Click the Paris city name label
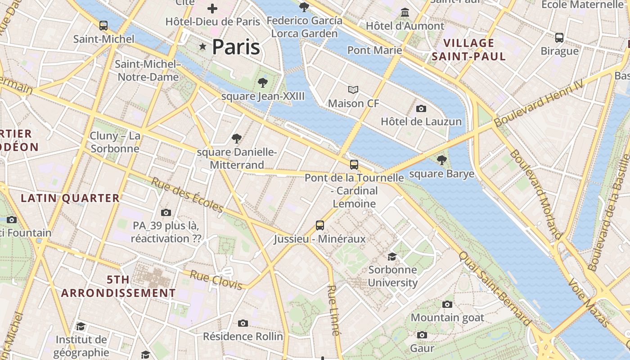[x=236, y=47]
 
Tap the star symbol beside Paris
[x=203, y=46]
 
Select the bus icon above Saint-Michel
[x=103, y=26]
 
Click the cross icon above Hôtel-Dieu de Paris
[x=212, y=8]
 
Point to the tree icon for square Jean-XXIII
[x=263, y=83]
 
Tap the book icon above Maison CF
[x=354, y=90]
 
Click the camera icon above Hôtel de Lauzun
[x=421, y=108]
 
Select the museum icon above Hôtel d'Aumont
[x=405, y=12]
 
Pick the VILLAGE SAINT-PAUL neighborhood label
[x=469, y=50]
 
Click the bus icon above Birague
[x=559, y=38]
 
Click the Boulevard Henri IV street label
[x=538, y=103]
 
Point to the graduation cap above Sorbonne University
[x=392, y=256]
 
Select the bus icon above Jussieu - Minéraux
[x=320, y=225]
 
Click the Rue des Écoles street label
[x=187, y=194]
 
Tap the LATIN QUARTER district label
[x=70, y=198]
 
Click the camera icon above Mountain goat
[x=447, y=305]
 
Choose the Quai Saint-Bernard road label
[x=494, y=288]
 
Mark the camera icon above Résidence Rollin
[x=243, y=323]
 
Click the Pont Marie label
[x=374, y=50]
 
